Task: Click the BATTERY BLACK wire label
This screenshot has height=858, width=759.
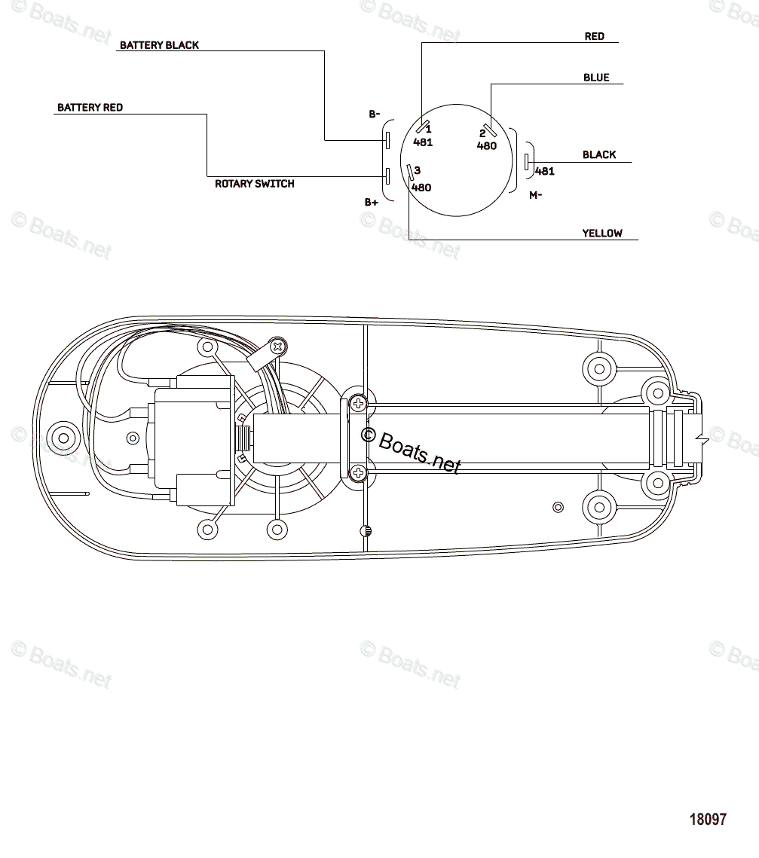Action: coord(159,45)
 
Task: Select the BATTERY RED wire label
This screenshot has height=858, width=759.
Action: coord(90,108)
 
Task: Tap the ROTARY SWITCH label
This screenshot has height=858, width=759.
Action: coord(254,184)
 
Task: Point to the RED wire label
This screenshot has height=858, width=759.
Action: coord(594,36)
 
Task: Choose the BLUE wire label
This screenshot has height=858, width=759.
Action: coord(595,78)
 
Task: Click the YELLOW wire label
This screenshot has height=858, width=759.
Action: coord(601,234)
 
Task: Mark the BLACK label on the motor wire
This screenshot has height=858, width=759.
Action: coord(598,155)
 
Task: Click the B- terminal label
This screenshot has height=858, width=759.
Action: coord(374,115)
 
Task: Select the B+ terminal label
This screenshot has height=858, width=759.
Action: coord(372,202)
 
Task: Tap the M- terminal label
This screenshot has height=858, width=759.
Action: coord(535,195)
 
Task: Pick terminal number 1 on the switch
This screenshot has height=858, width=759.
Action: coord(428,130)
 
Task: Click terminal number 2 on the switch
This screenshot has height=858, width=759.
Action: coord(482,133)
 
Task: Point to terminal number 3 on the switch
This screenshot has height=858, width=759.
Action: coord(417,171)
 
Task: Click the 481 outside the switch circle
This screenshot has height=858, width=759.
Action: coord(544,171)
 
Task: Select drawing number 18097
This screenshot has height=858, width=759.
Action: coord(708,819)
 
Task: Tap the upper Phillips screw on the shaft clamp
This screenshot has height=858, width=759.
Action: coord(358,405)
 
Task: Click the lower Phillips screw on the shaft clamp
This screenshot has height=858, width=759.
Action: coord(358,473)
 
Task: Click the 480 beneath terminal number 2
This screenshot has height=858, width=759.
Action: coord(486,146)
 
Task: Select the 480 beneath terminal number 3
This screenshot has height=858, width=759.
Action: coord(421,188)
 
